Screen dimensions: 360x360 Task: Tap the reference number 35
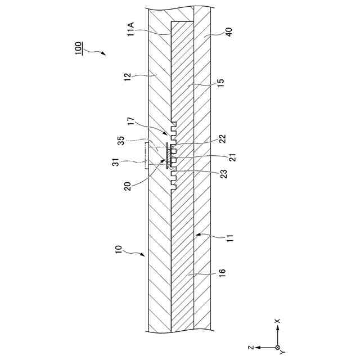click(x=121, y=139)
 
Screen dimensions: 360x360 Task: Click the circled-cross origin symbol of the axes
click(x=277, y=348)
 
